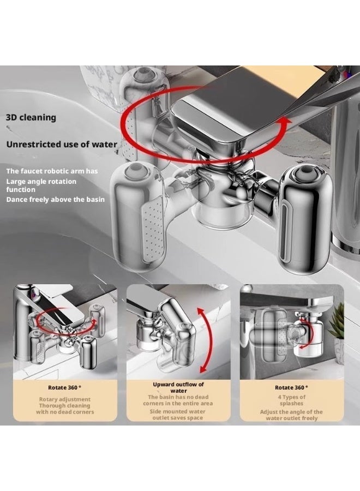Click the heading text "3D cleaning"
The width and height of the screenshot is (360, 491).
tap(31, 117)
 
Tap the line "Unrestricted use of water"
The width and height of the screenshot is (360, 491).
tap(62, 145)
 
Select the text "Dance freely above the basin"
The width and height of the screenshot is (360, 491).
tap(56, 200)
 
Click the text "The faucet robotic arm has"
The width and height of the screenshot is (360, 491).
tap(52, 171)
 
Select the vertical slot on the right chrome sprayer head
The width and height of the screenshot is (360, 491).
tap(285, 233)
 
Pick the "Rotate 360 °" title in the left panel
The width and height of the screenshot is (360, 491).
tap(65, 388)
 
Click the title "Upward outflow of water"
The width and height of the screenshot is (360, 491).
tap(178, 388)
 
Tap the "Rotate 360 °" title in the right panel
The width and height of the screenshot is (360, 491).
tap(291, 388)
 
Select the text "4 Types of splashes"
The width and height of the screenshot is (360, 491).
tap(291, 400)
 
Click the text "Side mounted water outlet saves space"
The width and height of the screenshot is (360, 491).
tap(177, 415)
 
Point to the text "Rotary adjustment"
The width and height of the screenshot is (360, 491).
tap(65, 399)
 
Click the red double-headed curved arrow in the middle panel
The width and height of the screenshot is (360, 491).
tap(205, 340)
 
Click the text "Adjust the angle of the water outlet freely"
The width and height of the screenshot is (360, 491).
tap(291, 415)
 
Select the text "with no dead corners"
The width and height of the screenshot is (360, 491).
tap(65, 412)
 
